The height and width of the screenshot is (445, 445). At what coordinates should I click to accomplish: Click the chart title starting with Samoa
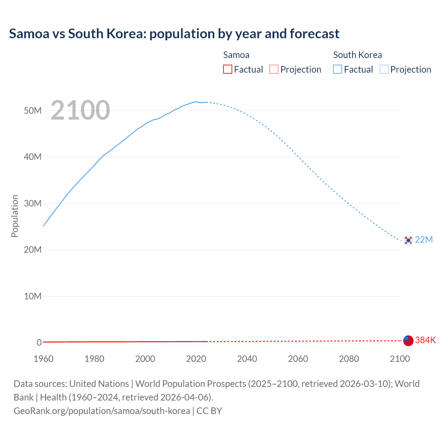(174, 34)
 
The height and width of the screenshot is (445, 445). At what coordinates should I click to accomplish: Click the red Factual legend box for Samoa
(227, 70)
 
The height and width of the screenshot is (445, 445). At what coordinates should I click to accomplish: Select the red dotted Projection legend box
(274, 70)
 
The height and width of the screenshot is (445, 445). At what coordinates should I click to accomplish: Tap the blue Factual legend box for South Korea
(338, 70)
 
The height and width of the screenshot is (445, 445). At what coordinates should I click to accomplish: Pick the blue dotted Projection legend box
(384, 70)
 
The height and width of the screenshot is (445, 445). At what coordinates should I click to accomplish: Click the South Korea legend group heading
(357, 55)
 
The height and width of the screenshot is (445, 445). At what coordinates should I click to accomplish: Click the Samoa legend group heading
(236, 55)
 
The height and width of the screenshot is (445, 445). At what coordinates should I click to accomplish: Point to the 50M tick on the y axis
(33, 111)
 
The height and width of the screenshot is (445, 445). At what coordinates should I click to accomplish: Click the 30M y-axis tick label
(33, 203)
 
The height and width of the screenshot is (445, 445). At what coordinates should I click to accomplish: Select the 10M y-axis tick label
(33, 296)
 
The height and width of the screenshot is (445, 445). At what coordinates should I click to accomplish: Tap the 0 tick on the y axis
(39, 342)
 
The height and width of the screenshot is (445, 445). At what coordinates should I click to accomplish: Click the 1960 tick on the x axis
(43, 359)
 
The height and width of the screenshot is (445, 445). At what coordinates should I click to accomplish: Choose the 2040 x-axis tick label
(247, 359)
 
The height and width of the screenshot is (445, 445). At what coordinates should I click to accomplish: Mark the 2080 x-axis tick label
(349, 359)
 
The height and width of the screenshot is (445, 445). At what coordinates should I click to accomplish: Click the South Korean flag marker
(408, 240)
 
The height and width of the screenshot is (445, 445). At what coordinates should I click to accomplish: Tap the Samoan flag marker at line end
(408, 340)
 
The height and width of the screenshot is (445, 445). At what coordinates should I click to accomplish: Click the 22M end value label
(424, 240)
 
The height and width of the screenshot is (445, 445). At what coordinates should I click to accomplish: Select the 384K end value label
(425, 340)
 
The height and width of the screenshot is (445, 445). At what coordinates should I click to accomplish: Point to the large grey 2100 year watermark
(80, 110)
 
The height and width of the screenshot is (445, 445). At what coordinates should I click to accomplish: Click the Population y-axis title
(15, 216)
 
